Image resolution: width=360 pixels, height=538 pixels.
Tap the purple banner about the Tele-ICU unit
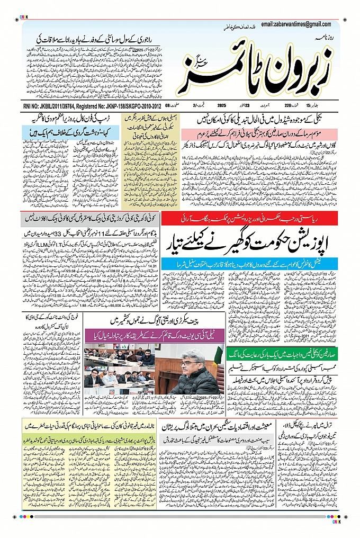click(154, 335)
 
